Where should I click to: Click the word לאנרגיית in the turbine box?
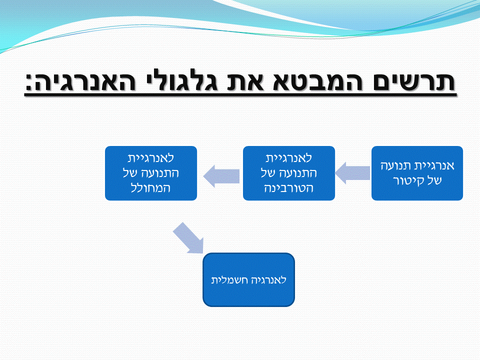288,158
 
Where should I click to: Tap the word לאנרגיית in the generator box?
150,158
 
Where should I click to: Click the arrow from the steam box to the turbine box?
353,173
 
